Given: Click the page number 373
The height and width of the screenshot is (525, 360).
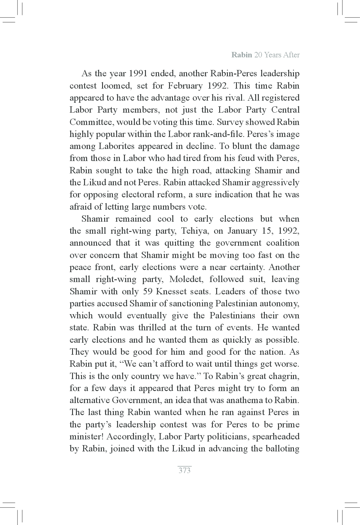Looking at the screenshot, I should coord(184,470).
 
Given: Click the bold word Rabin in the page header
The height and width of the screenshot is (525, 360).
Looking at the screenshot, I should coord(242,55).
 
